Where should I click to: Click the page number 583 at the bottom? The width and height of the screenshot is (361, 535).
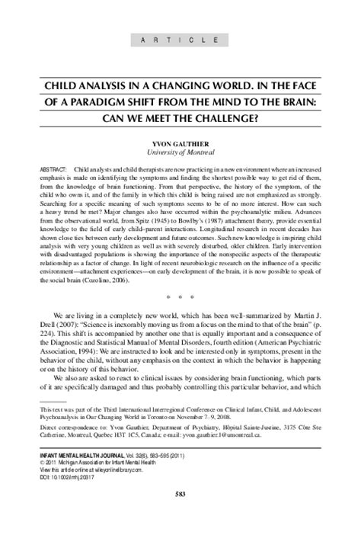[180, 518]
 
